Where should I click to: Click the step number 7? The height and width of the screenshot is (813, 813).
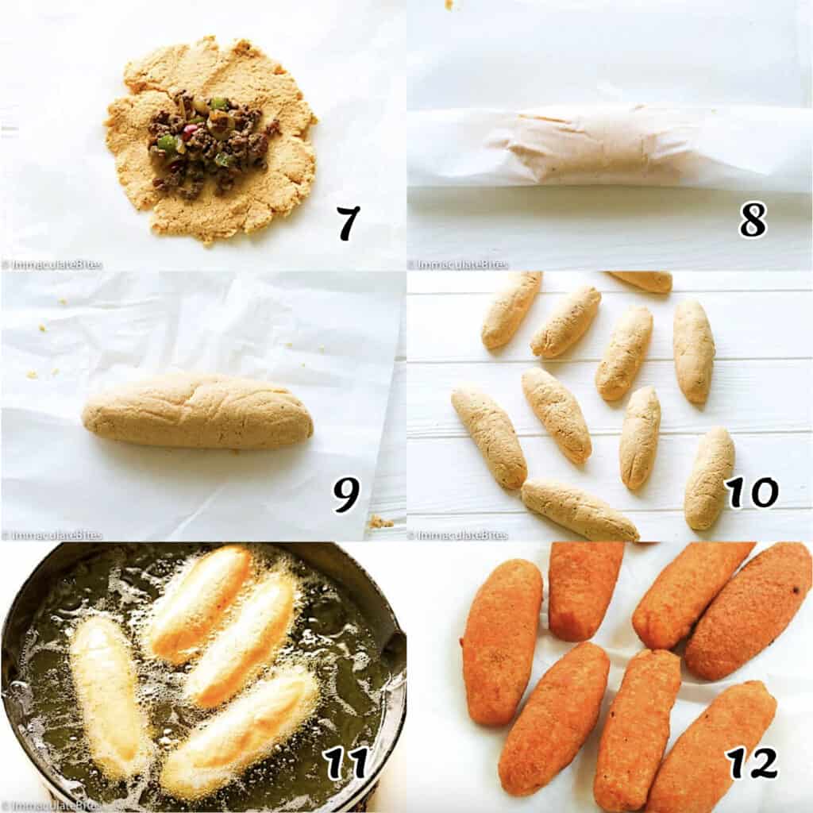347,223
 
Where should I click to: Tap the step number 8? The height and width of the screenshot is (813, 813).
752,219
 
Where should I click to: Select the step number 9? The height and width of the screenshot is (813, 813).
346,494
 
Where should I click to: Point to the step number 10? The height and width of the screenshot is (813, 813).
751,492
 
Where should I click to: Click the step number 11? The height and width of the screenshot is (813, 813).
346,763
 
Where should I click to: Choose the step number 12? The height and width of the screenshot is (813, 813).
751,763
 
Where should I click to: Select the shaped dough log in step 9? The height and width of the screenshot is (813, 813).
197,411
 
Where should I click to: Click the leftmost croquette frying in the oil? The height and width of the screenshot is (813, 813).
109,695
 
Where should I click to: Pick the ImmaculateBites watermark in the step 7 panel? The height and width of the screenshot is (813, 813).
52,265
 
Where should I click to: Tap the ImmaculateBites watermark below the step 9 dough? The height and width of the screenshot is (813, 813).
52,535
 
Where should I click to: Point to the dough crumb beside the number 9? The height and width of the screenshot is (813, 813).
380,522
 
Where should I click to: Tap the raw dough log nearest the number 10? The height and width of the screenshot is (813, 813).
709,477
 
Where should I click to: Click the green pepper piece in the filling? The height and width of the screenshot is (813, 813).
168,143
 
